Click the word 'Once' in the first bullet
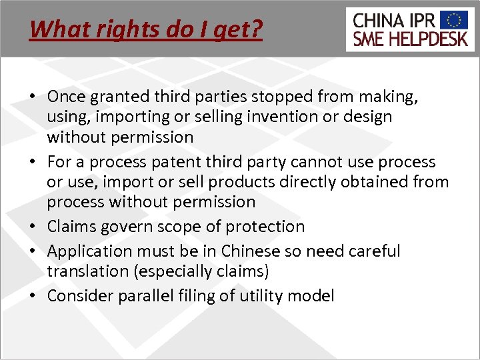tap(67, 97)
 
